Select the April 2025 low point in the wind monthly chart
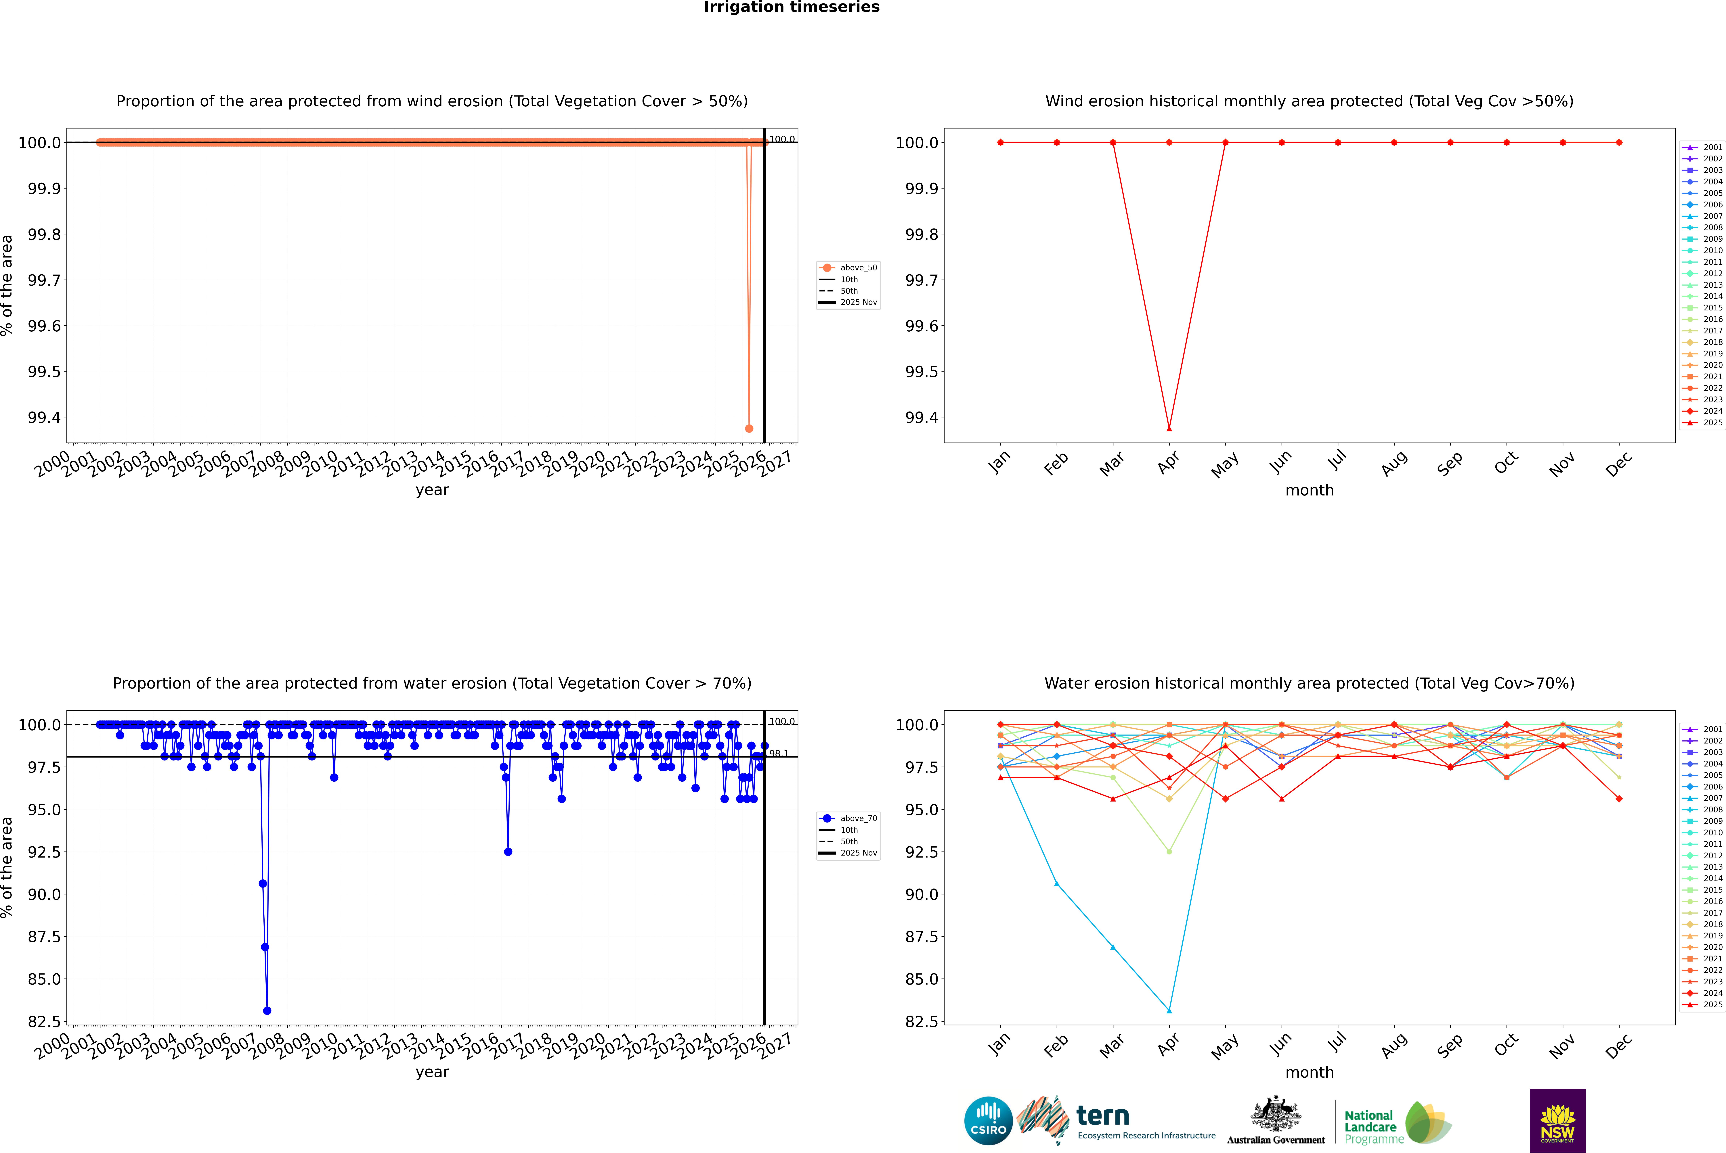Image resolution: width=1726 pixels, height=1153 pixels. tap(1169, 428)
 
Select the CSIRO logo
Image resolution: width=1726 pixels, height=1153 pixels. tap(988, 1121)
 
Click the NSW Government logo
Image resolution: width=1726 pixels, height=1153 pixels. tap(1557, 1121)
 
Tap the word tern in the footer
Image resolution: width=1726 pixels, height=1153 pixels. tap(1102, 1116)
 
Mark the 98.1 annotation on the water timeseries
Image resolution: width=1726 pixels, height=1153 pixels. tap(778, 754)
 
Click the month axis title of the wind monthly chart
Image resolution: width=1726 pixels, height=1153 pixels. tap(1309, 491)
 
